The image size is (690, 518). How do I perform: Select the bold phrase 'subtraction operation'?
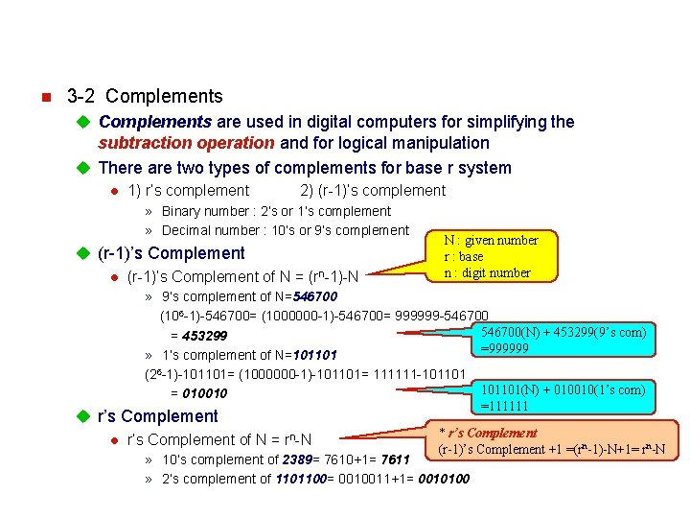(186, 143)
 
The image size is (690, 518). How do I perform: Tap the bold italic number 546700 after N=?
(315, 296)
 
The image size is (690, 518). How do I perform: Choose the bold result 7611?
(395, 459)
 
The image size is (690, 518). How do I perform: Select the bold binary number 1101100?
(303, 479)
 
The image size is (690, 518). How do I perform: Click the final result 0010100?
(445, 479)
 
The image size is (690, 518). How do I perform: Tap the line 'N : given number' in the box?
(491, 240)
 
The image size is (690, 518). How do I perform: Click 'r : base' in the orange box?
(463, 256)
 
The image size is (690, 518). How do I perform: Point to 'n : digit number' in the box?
(486, 272)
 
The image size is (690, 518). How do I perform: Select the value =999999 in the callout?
(504, 348)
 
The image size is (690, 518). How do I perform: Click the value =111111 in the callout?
(504, 406)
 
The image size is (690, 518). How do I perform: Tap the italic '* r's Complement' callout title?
(488, 433)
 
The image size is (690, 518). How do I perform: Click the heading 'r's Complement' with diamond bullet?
(158, 416)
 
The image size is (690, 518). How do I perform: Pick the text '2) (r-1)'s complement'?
(373, 191)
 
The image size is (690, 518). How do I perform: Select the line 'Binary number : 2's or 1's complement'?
(276, 211)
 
